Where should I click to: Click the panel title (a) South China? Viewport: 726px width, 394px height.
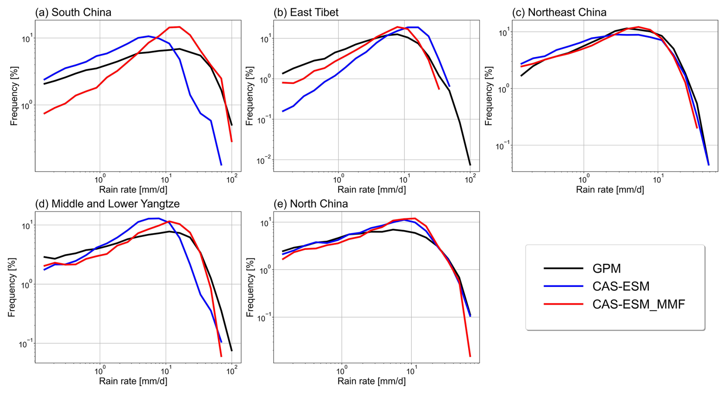pos(73,12)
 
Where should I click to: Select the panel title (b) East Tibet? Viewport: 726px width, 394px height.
pos(306,12)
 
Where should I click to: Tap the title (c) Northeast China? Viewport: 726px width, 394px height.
pos(559,12)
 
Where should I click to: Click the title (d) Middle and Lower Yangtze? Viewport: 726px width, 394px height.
pos(107,204)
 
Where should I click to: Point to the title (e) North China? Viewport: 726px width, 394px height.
pos(311,204)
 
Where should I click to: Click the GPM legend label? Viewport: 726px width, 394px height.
pos(606,268)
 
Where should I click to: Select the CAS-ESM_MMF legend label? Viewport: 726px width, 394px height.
pos(639,304)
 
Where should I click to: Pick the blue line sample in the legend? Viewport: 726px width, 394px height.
pos(563,286)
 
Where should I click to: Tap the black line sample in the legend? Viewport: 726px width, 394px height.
pos(563,268)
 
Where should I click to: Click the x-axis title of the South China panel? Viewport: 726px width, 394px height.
pos(133,189)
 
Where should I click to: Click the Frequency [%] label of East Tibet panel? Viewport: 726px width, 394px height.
pos(250,96)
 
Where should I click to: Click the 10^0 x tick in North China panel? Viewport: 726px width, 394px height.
pos(341,371)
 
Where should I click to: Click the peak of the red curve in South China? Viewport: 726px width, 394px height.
pos(179,27)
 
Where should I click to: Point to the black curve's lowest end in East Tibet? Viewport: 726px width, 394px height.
pos(470,165)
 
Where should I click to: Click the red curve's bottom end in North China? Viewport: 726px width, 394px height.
pos(470,356)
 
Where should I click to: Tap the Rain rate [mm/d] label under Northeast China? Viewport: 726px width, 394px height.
pos(610,189)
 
